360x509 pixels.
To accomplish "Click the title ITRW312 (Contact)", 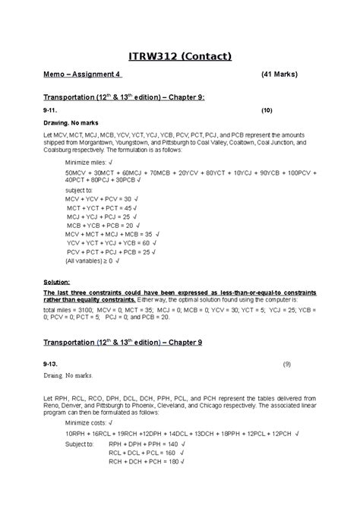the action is [x=179, y=55].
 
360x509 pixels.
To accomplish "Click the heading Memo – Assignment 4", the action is [x=83, y=74].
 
